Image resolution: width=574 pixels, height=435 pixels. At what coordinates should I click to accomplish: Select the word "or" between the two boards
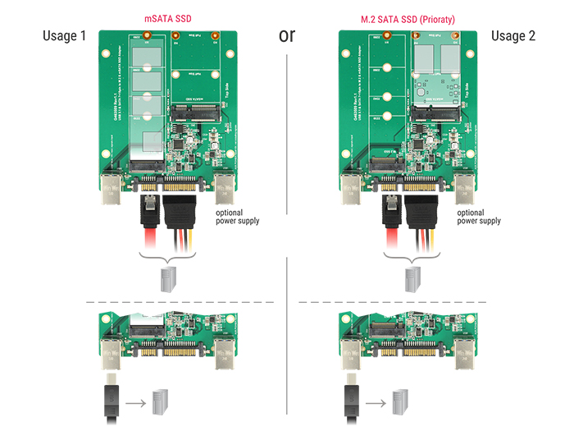(x=288, y=35)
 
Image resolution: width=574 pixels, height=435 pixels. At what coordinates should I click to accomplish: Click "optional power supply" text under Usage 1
(x=238, y=217)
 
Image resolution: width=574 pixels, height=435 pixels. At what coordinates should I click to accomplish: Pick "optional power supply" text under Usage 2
(x=479, y=217)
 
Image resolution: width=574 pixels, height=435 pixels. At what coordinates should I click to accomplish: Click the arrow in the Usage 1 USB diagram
(x=137, y=403)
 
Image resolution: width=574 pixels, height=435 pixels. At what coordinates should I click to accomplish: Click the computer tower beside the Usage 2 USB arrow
(x=400, y=402)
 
